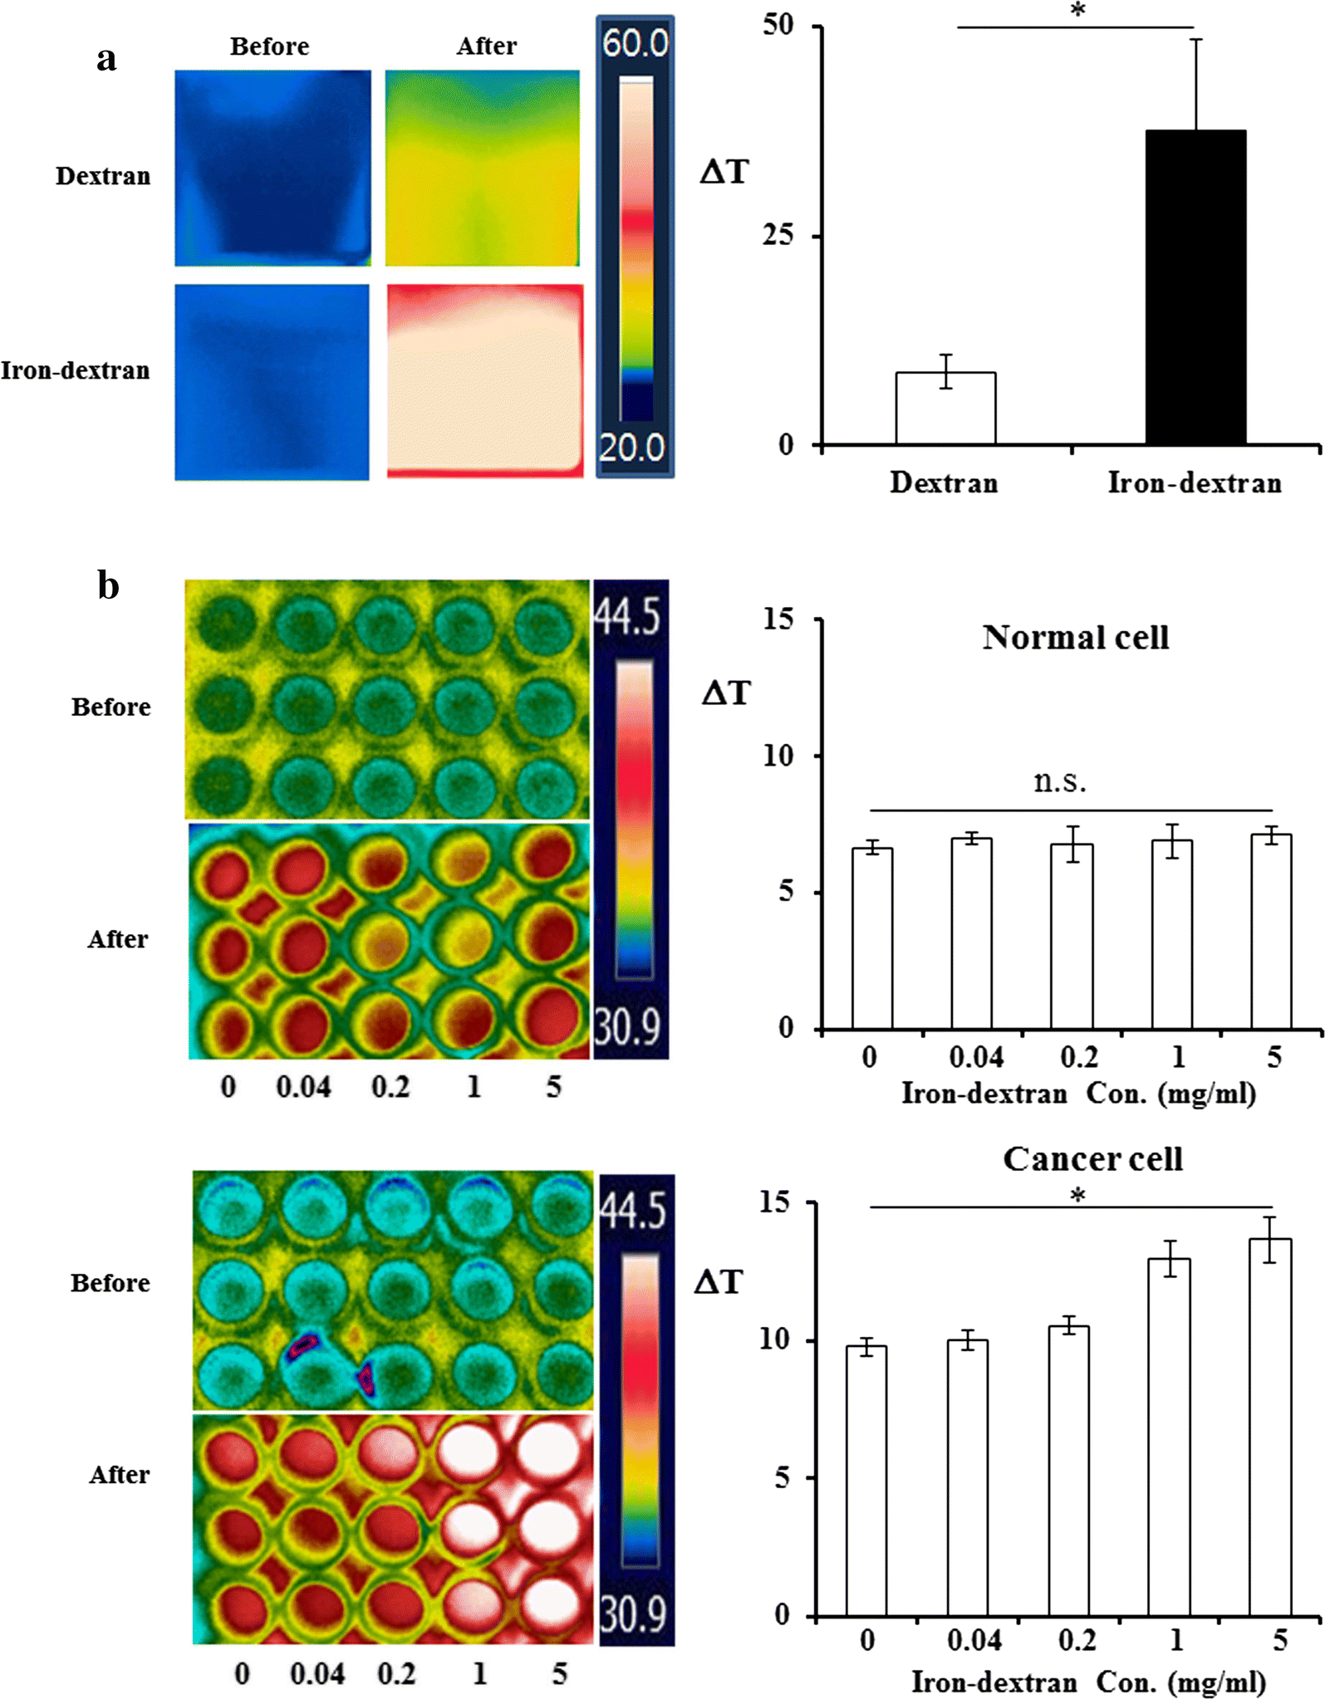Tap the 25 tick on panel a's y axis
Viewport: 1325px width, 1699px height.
point(778,236)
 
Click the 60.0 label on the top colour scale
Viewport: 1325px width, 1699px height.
point(635,43)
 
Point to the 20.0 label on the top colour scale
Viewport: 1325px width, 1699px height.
point(632,448)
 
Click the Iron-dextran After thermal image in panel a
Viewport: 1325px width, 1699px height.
point(485,381)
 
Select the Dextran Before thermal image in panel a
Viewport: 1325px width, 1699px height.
point(272,168)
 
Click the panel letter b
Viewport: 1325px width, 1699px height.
point(108,585)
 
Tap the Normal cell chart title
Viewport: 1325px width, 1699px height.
point(1076,638)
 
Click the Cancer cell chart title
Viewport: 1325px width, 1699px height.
point(1092,1159)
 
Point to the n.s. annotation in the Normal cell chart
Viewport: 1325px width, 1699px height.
point(1060,781)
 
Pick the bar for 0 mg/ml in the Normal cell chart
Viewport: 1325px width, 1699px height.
point(872,938)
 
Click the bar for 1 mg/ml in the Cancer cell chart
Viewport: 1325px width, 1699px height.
point(1169,1437)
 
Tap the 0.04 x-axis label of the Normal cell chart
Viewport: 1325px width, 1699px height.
point(975,1058)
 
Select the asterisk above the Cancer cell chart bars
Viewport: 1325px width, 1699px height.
point(1077,1196)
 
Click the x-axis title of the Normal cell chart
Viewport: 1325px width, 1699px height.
point(1078,1094)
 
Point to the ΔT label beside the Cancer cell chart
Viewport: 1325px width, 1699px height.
point(718,1282)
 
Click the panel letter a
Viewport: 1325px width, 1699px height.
point(106,59)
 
